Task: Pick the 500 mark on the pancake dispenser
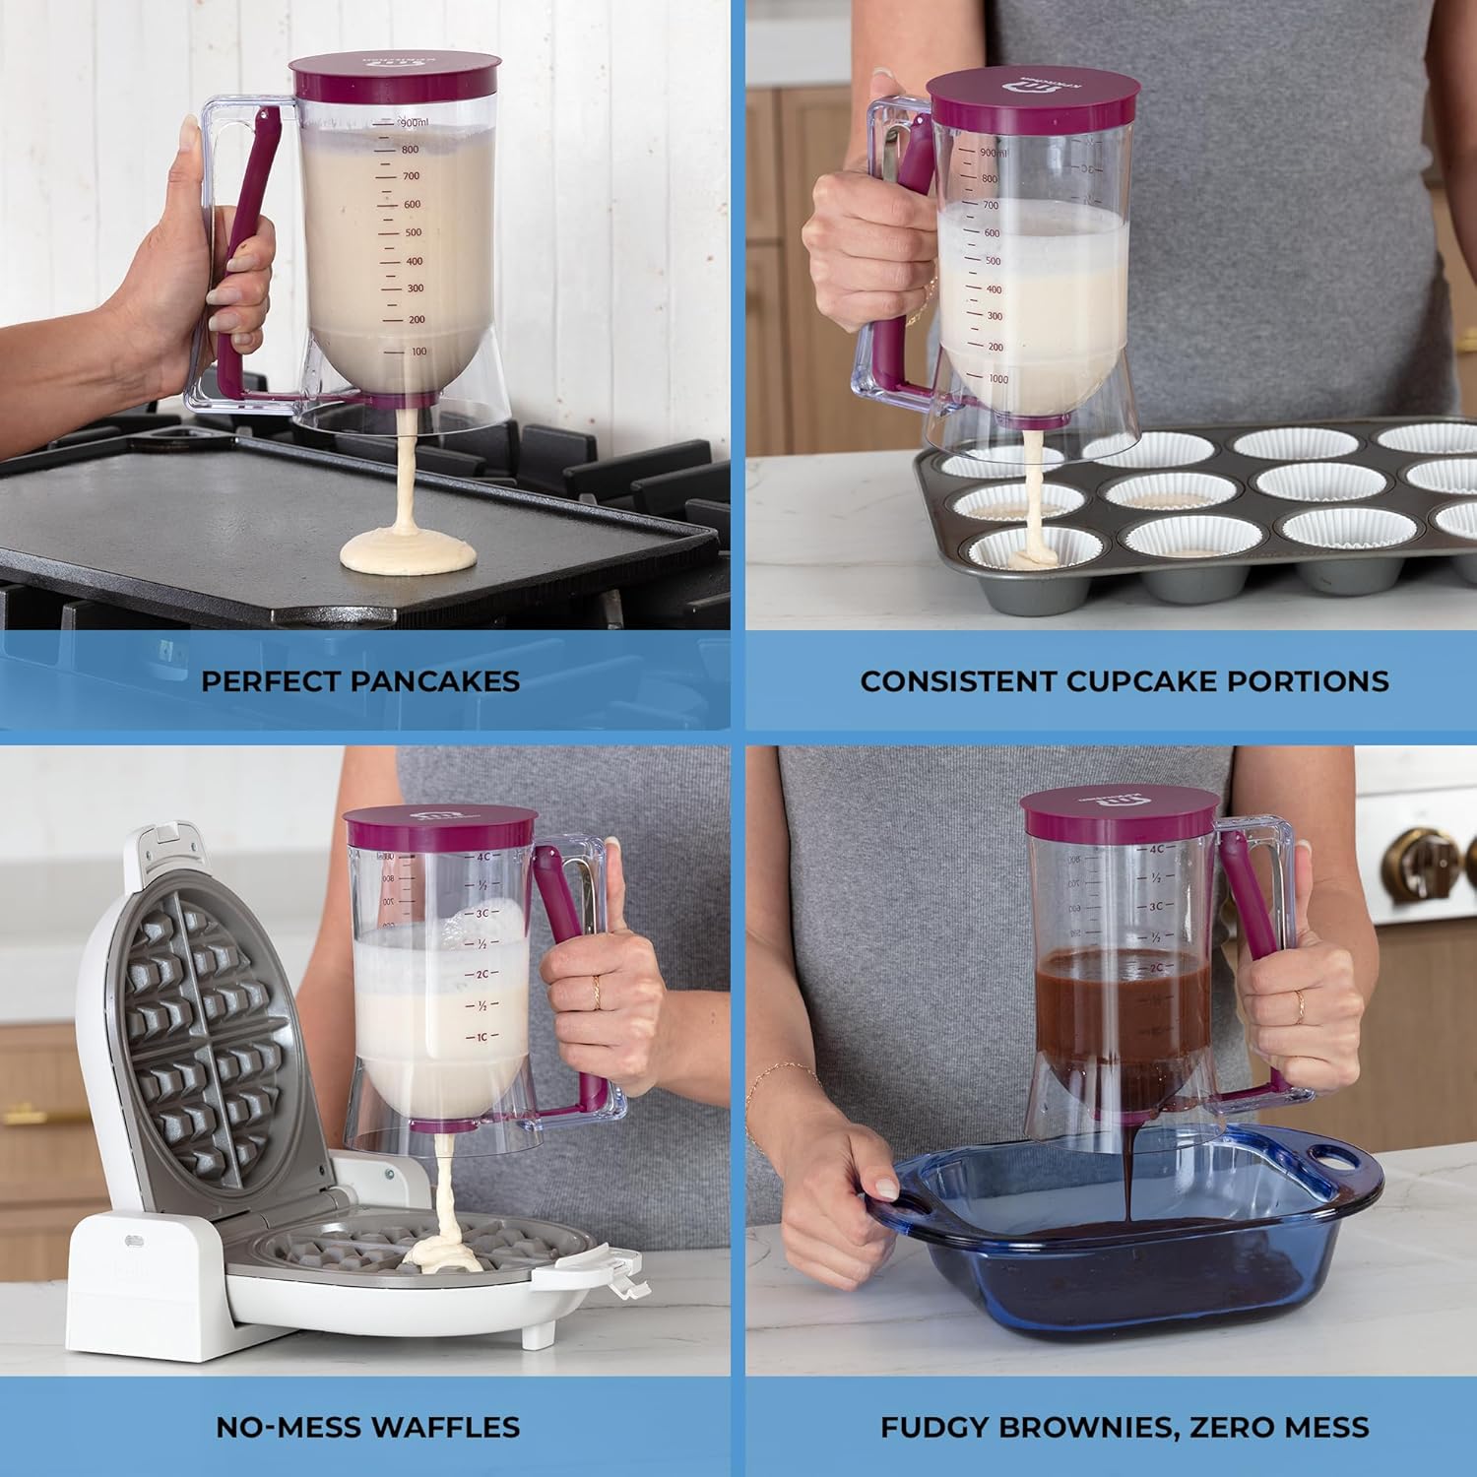coord(413,233)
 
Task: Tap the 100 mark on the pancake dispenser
coord(417,352)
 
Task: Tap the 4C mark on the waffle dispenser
coord(483,857)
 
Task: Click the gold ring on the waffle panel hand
coord(596,993)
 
